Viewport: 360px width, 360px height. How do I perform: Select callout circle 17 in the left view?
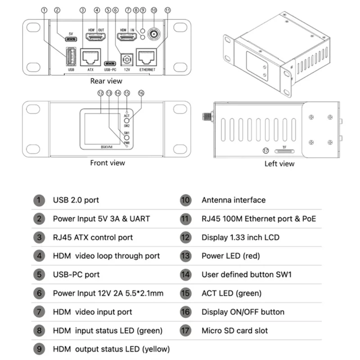265,151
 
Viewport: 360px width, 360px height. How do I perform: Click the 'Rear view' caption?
106,81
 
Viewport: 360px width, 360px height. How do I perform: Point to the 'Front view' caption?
108,163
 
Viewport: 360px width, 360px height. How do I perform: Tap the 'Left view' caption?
279,164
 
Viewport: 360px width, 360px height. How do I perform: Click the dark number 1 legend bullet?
39,200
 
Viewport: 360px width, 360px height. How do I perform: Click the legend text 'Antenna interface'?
234,200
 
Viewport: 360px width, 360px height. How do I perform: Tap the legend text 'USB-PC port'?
76,274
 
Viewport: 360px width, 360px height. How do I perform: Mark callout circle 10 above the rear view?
154,9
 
